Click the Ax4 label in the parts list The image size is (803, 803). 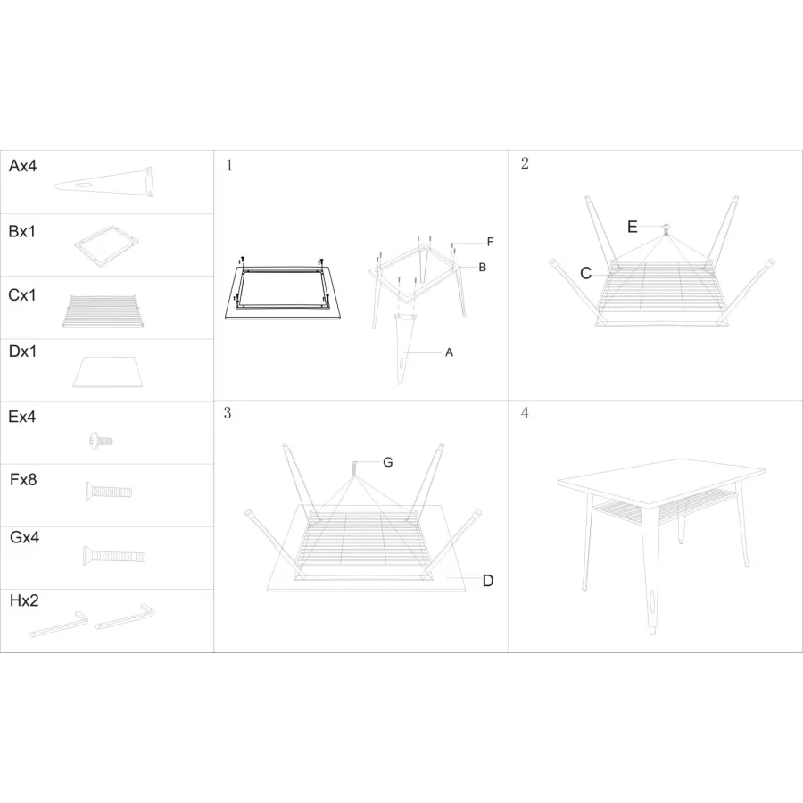(22, 166)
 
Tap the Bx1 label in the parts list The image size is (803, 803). (22, 231)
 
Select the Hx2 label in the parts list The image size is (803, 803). (24, 600)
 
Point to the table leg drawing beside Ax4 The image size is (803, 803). (104, 182)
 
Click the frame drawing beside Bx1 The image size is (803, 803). (107, 245)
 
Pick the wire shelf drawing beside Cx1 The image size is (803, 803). (102, 310)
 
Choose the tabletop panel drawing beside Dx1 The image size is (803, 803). (108, 372)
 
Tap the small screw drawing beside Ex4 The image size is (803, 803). (100, 441)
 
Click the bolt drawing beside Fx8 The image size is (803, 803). (109, 491)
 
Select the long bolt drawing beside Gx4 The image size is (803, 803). (113, 555)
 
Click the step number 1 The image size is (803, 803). (229, 165)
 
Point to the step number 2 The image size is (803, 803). (525, 163)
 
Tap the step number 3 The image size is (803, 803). (228, 413)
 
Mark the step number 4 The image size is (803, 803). (525, 413)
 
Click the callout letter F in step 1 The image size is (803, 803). (490, 242)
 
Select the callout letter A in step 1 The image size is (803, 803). (449, 352)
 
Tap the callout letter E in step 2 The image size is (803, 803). (633, 227)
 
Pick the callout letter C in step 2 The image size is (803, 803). (586, 274)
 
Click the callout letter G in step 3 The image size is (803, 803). (388, 462)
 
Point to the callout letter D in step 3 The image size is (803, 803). (488, 581)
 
